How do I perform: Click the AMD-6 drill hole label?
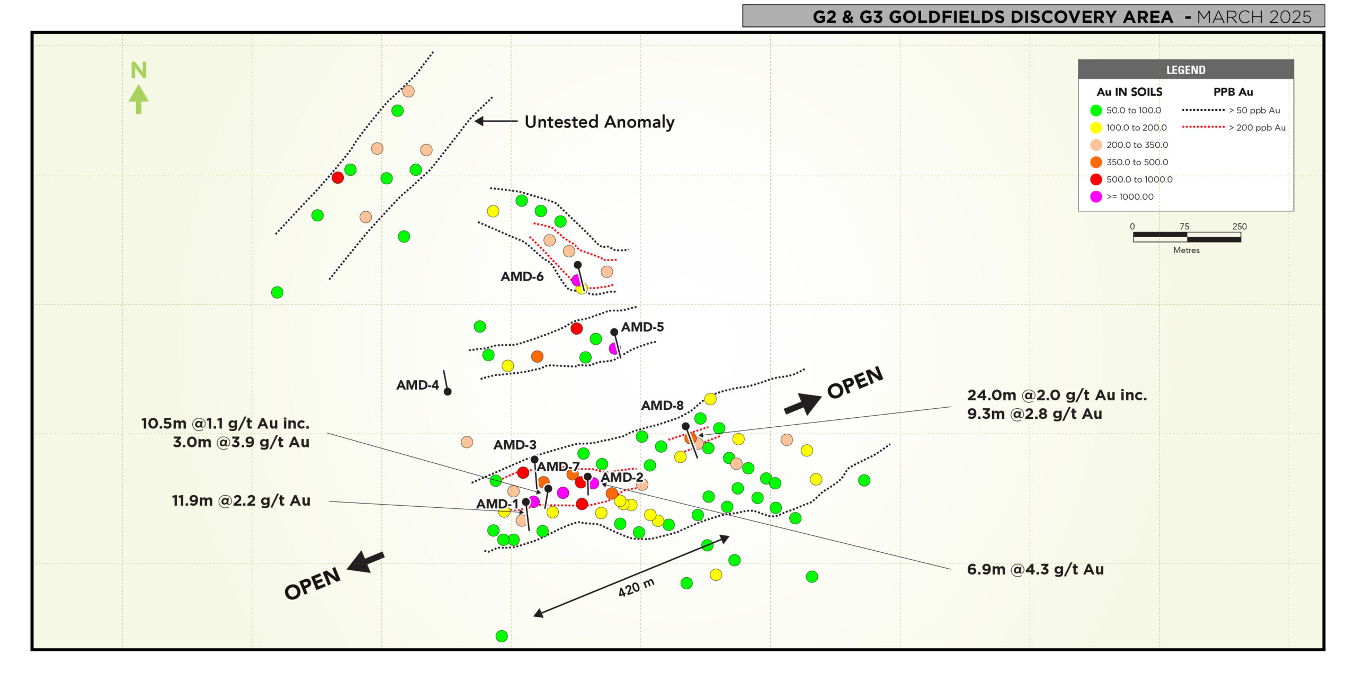[x=522, y=276]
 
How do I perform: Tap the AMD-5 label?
[x=642, y=327]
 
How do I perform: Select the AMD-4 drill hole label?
[x=417, y=385]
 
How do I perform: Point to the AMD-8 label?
[x=662, y=405]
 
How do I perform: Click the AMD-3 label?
[x=515, y=445]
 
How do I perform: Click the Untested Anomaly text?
[x=600, y=122]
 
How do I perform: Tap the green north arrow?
[x=139, y=99]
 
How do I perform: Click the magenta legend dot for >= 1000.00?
[x=1096, y=196]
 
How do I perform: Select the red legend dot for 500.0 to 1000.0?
[x=1096, y=180]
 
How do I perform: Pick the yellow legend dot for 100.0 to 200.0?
[x=1096, y=128]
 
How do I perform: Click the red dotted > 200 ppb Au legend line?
[x=1203, y=127]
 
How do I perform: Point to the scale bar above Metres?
[x=1186, y=237]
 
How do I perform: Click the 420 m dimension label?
[x=636, y=587]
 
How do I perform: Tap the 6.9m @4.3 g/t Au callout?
[x=1036, y=569]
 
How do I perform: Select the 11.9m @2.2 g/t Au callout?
[x=241, y=500]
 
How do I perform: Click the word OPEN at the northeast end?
[x=855, y=382]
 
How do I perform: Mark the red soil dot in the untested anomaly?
[x=337, y=177]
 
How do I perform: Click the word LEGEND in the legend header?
[x=1185, y=70]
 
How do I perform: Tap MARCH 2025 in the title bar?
[x=1254, y=17]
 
